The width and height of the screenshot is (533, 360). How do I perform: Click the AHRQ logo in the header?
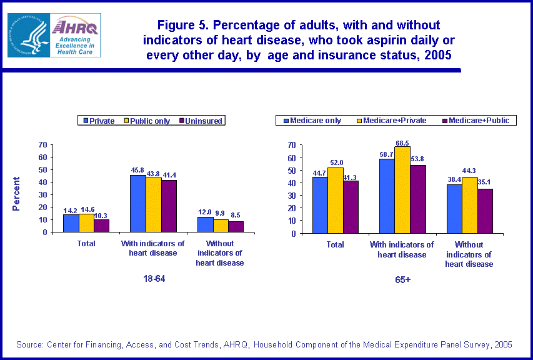75,35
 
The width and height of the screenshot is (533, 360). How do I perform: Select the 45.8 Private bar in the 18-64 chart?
137,203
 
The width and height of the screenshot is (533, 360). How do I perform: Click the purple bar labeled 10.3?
101,226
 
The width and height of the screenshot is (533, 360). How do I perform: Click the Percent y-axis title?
17,194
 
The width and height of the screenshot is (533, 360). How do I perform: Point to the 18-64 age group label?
154,279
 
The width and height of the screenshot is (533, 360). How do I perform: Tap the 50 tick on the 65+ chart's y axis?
291,171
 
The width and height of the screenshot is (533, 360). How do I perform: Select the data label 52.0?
336,162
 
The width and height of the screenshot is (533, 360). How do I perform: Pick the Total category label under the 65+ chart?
336,245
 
